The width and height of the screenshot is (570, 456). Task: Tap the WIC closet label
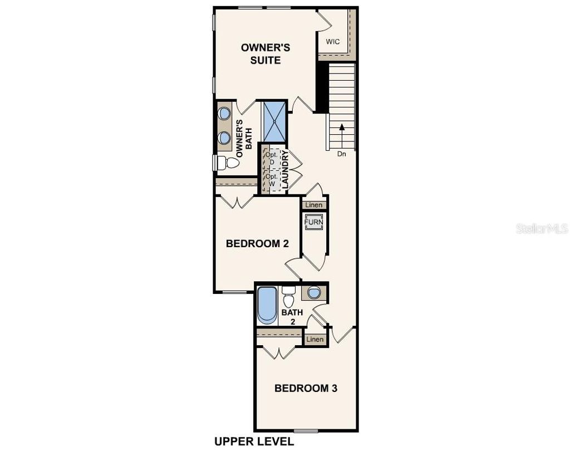tap(333, 42)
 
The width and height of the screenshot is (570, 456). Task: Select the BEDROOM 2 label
tap(257, 244)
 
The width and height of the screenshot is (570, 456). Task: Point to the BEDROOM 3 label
tap(306, 388)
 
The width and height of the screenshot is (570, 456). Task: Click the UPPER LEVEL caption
tap(254, 442)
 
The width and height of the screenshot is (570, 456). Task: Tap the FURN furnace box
tap(313, 222)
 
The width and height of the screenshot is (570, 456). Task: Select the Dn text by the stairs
tap(342, 154)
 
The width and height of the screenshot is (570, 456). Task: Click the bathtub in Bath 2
tap(267, 305)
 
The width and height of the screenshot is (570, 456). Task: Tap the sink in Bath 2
tap(314, 293)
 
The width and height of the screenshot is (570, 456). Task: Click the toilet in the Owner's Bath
tap(225, 163)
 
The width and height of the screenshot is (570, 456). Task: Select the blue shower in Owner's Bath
tap(274, 122)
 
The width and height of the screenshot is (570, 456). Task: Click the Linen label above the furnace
tap(314, 205)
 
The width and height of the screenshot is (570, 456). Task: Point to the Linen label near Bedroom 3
tap(315, 339)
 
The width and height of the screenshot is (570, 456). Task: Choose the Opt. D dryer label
tap(271, 158)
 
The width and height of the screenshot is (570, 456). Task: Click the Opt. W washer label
tap(271, 179)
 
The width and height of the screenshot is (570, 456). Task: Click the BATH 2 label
tap(292, 316)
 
